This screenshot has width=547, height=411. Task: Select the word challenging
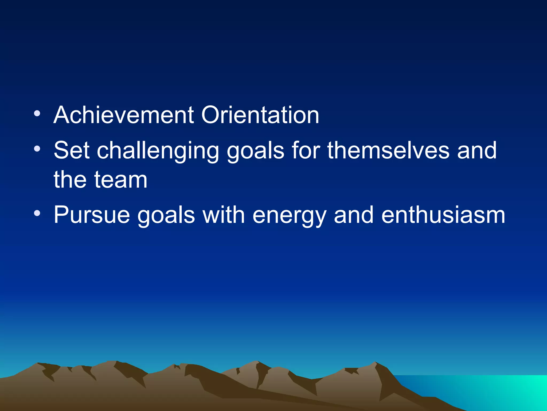158,151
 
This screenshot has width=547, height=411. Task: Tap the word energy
289,216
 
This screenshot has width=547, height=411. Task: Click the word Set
71,151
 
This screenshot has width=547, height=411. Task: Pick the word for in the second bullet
306,151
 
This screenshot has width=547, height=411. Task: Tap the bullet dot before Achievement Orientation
37,114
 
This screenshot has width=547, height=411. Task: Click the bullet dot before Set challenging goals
37,149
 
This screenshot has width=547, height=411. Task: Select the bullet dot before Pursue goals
37,214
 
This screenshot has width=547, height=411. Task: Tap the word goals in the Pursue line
166,216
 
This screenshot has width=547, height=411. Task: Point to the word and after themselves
477,151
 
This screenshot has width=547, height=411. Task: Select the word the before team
70,180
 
